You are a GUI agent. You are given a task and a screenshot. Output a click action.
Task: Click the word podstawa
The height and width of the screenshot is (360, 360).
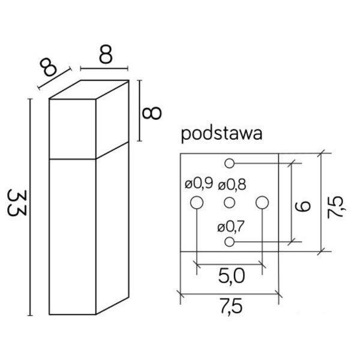[x=221, y=133]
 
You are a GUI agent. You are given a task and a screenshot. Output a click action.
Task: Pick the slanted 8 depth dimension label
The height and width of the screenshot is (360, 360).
[x=51, y=67]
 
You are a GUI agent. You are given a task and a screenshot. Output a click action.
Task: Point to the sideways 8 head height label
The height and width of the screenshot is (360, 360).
[x=154, y=112]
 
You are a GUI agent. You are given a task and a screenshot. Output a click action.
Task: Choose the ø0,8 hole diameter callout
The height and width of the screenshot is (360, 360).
[x=232, y=184]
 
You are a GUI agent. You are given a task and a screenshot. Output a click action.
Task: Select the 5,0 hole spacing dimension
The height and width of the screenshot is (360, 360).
[x=230, y=277]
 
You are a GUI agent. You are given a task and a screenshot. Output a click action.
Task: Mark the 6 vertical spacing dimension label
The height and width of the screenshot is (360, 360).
[x=304, y=205]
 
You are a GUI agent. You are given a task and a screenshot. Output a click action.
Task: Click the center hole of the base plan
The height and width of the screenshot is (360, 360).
[x=229, y=203]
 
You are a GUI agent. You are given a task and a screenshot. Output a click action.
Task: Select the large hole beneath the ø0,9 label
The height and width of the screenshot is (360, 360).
[x=196, y=203]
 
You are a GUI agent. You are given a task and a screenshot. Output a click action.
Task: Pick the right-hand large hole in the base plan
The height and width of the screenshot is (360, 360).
[x=262, y=203]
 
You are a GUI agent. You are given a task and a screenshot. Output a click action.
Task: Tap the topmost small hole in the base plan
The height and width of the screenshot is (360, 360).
[x=229, y=163]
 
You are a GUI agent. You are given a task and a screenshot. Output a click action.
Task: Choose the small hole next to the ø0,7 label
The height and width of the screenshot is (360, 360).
[x=229, y=242]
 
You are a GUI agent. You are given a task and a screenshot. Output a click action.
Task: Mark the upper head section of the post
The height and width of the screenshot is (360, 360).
[x=71, y=130]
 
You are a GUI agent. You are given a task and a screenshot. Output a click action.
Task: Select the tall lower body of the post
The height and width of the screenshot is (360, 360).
[x=71, y=237]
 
